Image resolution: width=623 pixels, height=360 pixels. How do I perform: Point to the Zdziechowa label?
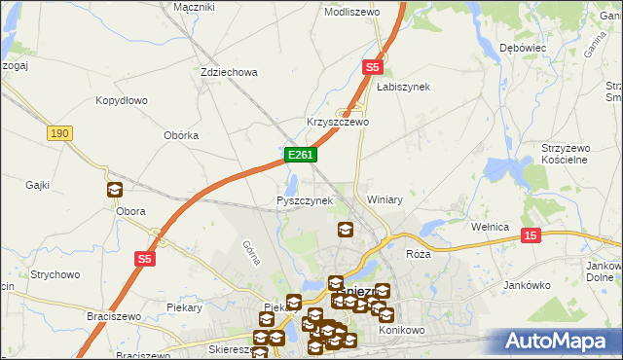[x=228, y=72]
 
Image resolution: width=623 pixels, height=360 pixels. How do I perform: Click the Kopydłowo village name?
[x=121, y=100]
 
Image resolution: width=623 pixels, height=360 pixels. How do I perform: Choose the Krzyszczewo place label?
[x=338, y=123]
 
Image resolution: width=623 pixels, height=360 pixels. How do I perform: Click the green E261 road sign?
[x=299, y=155]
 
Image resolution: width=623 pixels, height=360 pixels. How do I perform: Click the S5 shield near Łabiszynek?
[x=372, y=67]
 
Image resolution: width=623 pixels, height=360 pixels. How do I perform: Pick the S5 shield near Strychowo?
[x=144, y=259]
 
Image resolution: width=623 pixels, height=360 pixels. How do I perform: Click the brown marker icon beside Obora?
[x=114, y=190]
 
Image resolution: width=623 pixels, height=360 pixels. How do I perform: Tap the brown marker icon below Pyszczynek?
[x=345, y=231]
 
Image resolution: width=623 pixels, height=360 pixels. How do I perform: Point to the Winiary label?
[x=385, y=199]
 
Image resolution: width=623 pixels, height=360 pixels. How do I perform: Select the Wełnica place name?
[x=491, y=227]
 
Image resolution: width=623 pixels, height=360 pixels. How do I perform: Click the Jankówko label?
[x=529, y=286]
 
